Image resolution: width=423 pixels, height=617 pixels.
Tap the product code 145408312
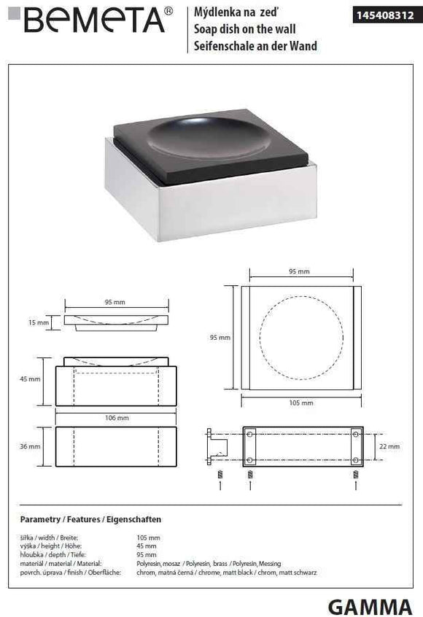coord(385,15)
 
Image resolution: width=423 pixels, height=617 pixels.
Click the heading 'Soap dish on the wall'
coord(244,29)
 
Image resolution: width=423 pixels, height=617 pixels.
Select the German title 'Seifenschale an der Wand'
coord(255,46)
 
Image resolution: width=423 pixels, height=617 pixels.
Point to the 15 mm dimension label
coord(39,322)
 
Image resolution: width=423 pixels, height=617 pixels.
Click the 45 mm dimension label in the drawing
coord(30,379)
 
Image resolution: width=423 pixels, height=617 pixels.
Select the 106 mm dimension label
coord(117,417)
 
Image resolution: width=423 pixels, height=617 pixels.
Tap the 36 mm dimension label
coord(30,446)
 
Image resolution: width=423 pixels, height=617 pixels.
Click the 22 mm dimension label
coord(389,446)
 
